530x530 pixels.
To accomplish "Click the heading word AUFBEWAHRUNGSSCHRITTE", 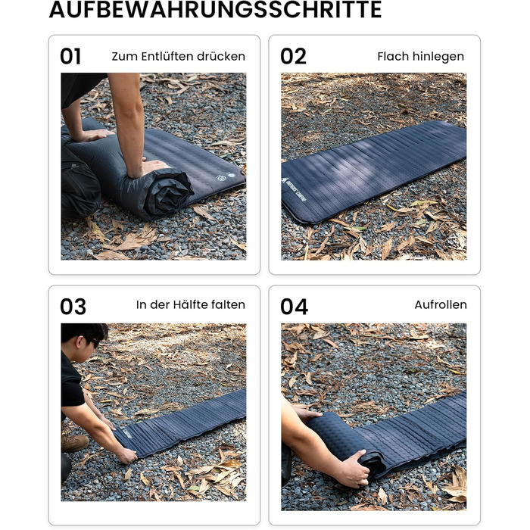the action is point(215,9).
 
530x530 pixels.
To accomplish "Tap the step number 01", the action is point(70,56).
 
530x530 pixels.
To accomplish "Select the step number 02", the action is point(293,56).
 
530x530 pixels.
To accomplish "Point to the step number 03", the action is point(73,307).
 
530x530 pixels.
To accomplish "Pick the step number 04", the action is point(294,307).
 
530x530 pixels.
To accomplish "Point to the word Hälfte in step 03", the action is point(190,304).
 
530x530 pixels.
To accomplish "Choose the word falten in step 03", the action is point(228,304).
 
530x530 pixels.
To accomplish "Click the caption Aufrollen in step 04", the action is point(441,305).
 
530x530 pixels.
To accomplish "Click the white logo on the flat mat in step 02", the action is point(294,194).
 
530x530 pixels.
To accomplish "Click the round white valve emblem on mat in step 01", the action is point(221,178).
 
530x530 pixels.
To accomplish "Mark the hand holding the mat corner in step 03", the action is point(126,455).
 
